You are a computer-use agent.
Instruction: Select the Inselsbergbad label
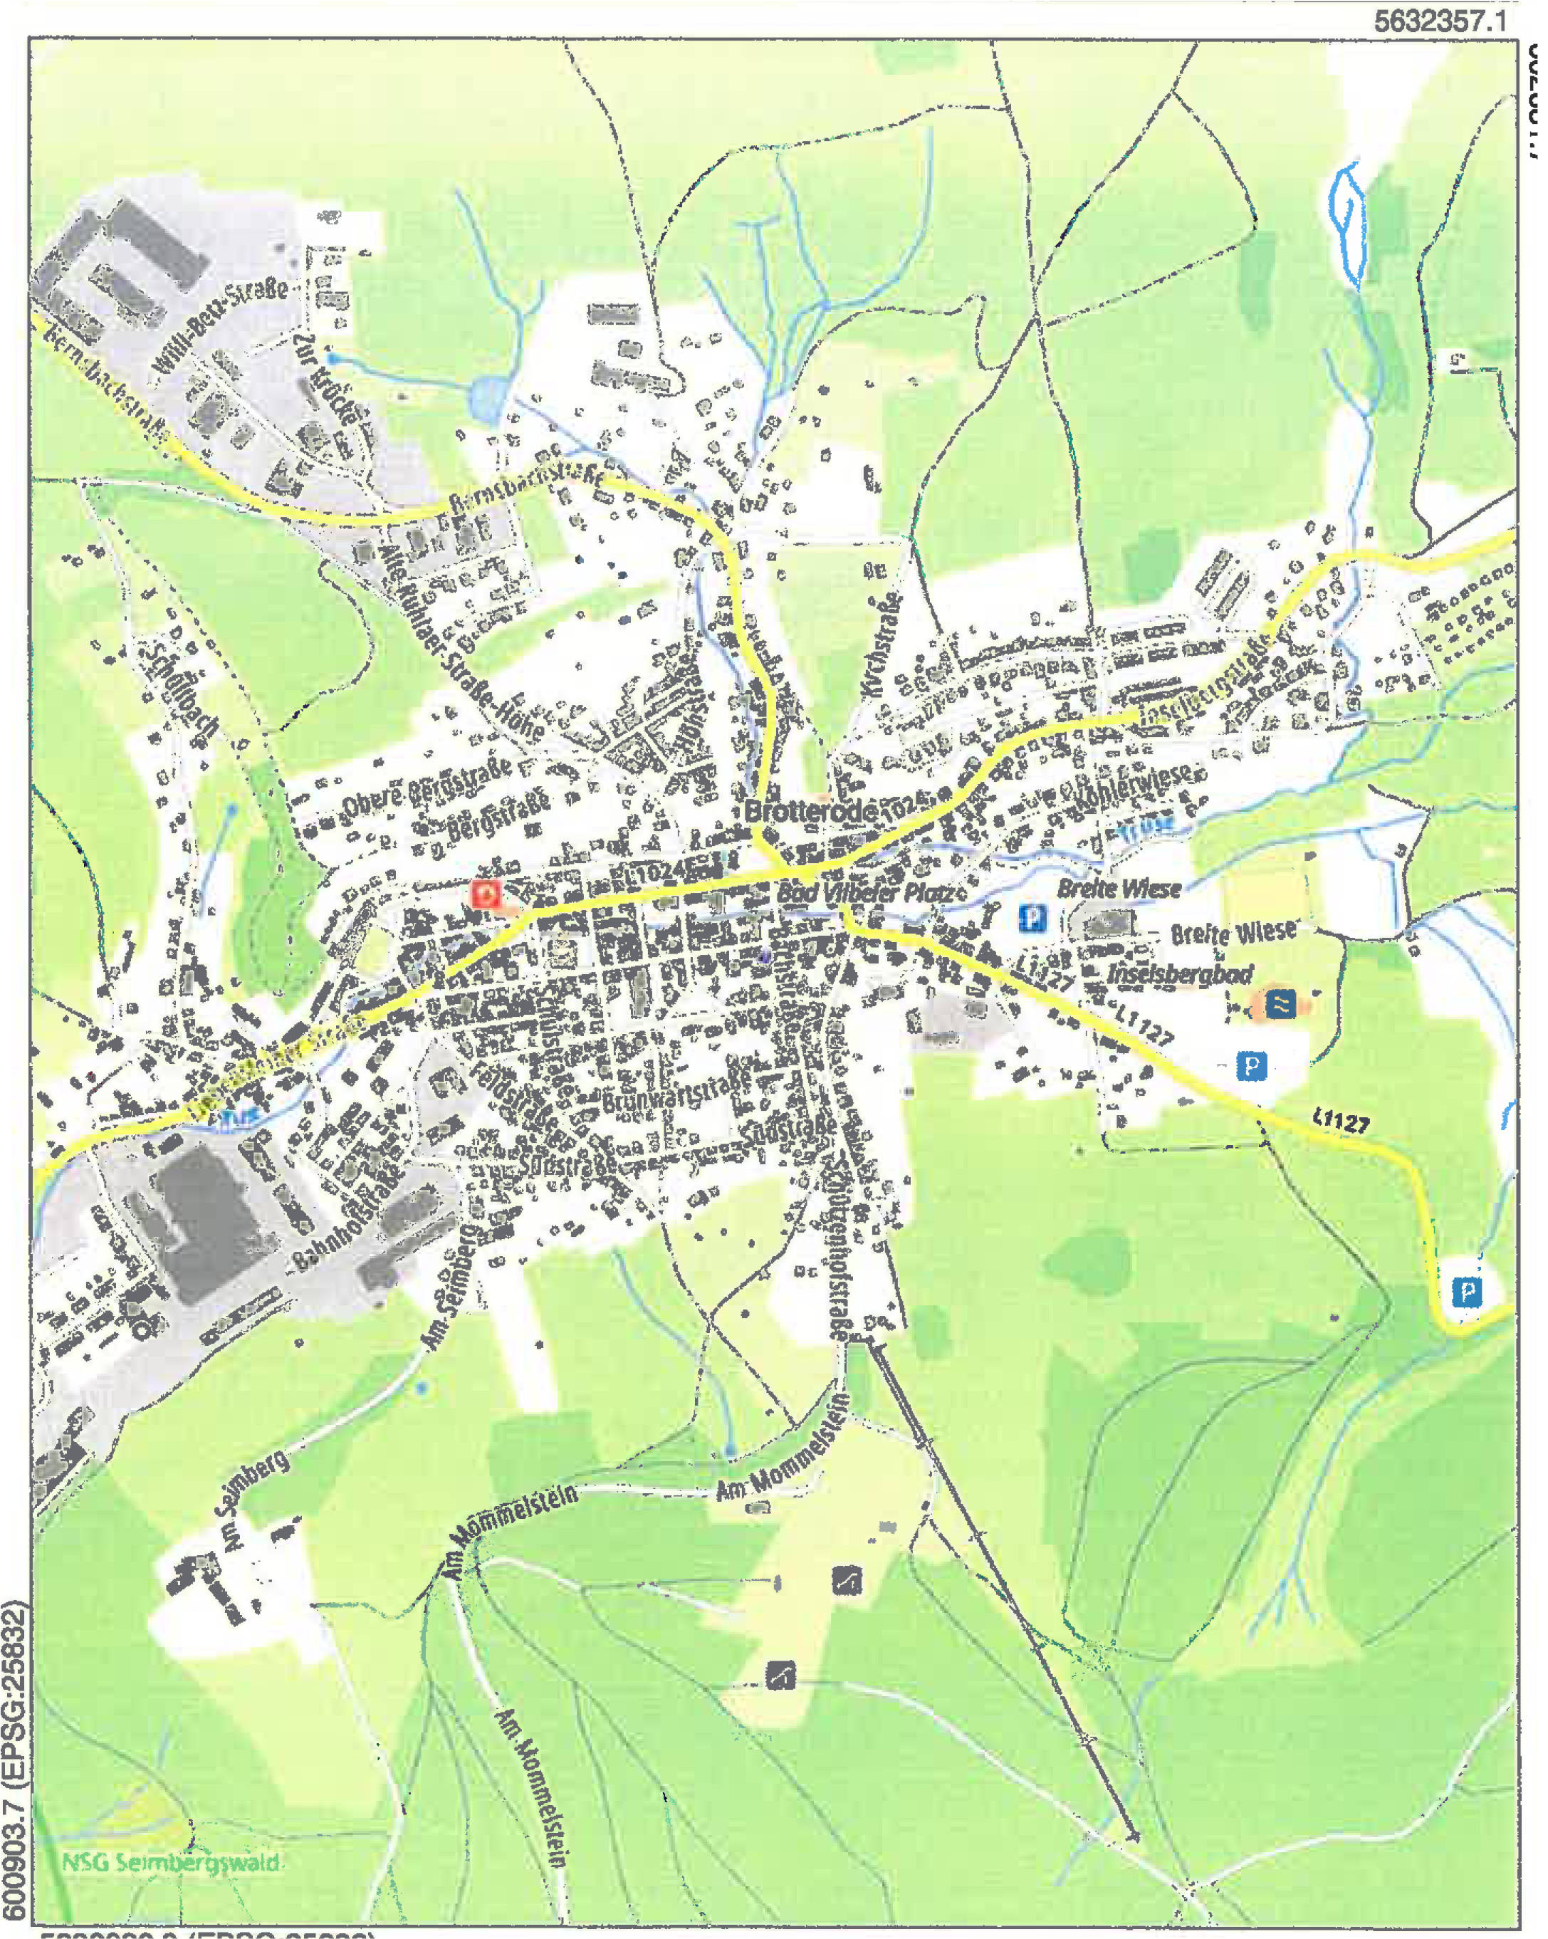coord(1180,974)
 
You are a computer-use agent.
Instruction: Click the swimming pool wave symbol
coord(1280,1003)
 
